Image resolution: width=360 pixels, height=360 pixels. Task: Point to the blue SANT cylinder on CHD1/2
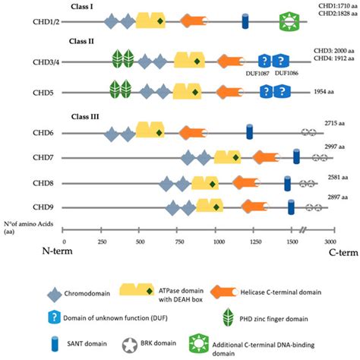pos(245,22)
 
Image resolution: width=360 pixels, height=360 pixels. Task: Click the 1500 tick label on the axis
pos(294,238)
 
